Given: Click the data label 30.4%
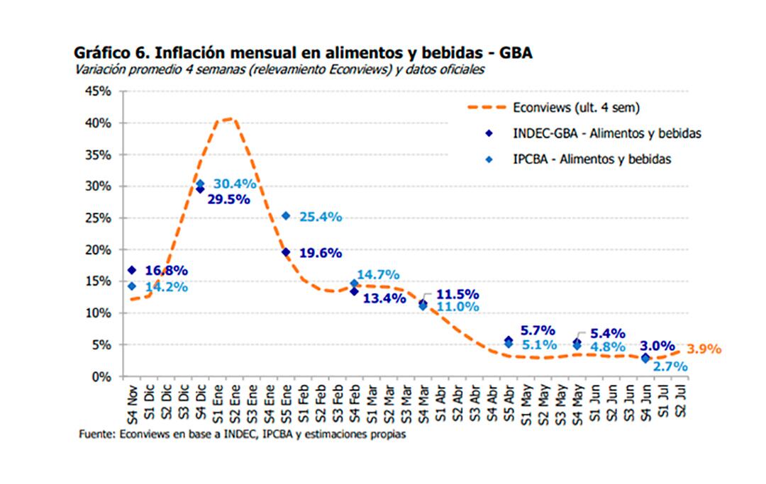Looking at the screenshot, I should click(x=235, y=184).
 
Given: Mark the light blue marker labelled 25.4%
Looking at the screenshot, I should click(x=285, y=215).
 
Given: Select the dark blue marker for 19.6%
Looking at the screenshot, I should click(x=285, y=252).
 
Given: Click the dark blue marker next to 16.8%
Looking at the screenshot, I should click(x=131, y=270).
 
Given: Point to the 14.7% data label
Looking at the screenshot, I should click(x=378, y=274).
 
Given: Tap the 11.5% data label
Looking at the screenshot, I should click(x=457, y=294).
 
